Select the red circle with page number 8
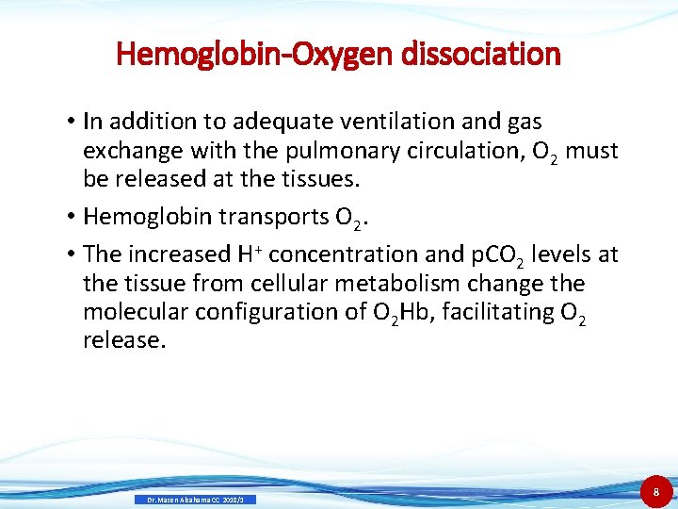[655, 491]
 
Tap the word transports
[275, 217]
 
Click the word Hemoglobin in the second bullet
[150, 217]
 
